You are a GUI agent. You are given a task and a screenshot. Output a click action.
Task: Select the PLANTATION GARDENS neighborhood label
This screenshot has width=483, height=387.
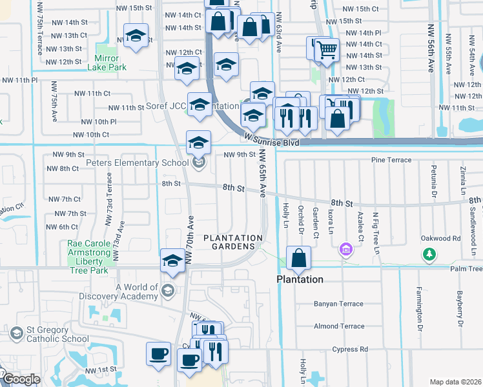click(233, 243)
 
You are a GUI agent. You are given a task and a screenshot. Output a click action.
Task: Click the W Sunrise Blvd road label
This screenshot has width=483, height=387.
click(272, 139)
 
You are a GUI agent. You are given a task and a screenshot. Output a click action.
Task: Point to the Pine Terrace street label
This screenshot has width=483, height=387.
click(391, 159)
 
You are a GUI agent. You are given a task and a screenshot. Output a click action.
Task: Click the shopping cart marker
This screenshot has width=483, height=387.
click(327, 48)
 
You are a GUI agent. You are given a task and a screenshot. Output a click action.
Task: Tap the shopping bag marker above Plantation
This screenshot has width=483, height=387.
click(298, 258)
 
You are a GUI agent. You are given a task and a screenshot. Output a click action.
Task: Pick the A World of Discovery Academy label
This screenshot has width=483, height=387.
click(137, 292)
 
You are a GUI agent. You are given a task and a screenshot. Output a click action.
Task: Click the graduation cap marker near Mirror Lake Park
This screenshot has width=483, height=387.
click(136, 35)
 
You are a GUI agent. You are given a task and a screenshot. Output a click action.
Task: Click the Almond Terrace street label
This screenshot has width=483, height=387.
click(338, 326)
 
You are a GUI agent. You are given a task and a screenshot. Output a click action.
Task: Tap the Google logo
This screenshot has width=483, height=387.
click(21, 379)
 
